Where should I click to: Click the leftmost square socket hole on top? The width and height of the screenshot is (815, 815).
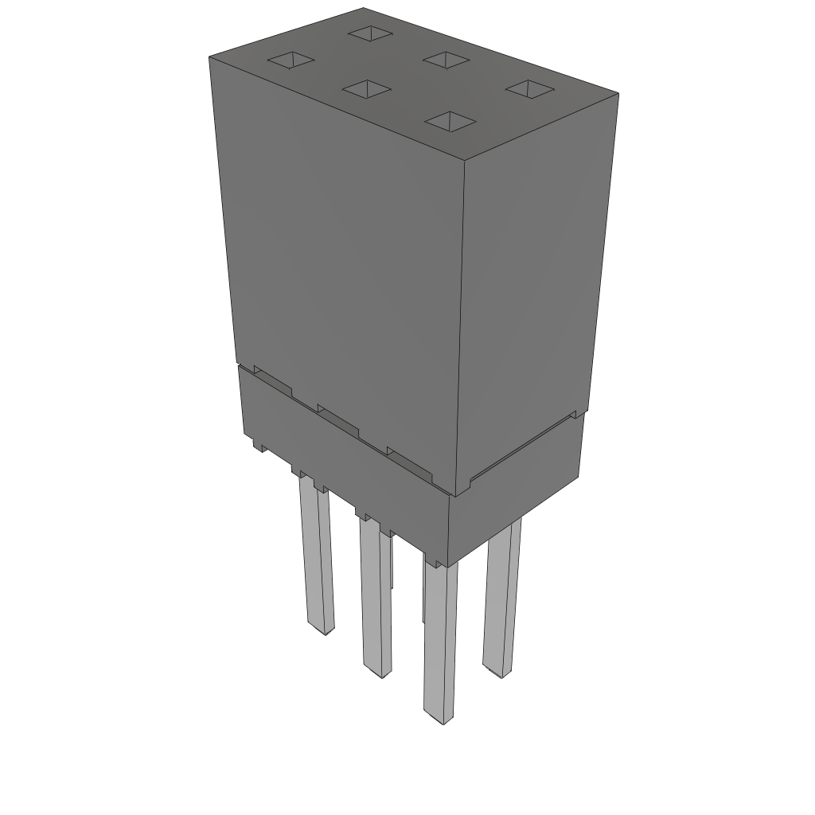[291, 60]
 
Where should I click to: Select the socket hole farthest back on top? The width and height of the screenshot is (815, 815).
[369, 33]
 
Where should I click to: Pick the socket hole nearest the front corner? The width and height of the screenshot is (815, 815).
[450, 120]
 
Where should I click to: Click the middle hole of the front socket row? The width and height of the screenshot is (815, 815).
[366, 88]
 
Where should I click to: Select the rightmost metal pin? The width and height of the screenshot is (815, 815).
[502, 597]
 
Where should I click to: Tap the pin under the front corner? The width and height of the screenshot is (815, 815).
[439, 637]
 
